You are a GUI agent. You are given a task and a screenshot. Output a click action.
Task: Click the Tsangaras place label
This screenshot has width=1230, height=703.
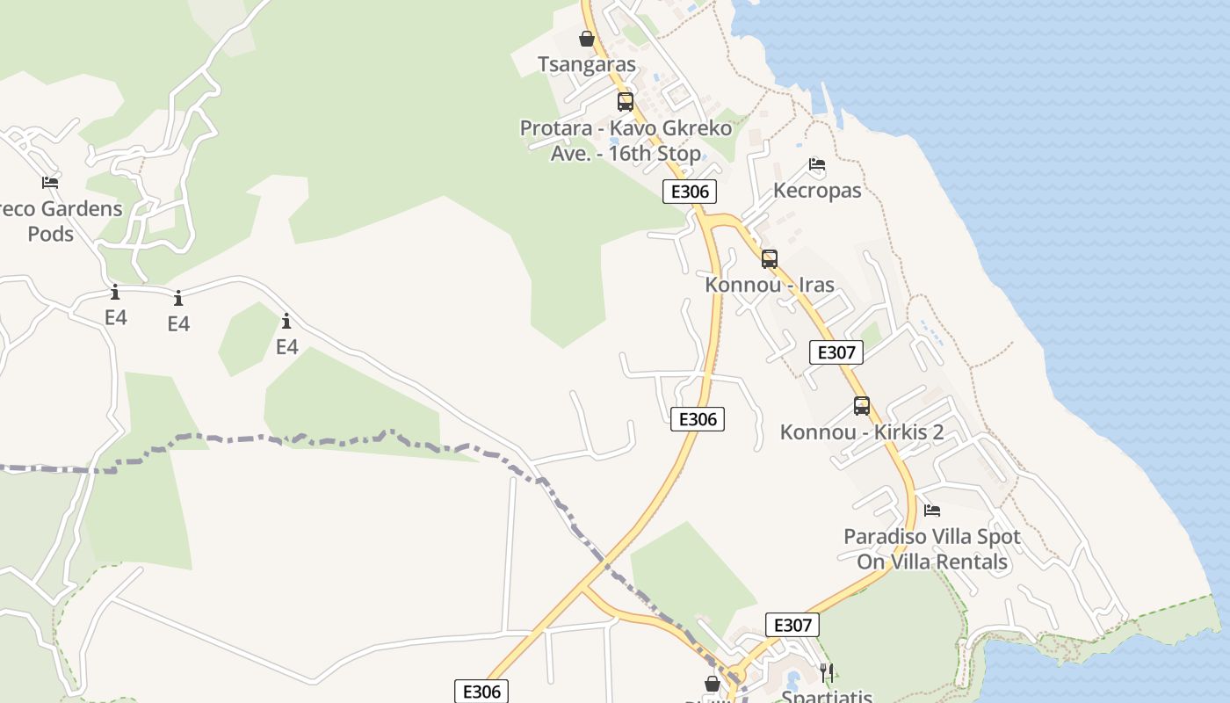click(x=586, y=64)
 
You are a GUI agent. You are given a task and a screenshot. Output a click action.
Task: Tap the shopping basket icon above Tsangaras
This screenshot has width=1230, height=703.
click(x=586, y=39)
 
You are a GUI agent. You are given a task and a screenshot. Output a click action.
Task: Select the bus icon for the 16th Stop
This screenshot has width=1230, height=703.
click(x=625, y=102)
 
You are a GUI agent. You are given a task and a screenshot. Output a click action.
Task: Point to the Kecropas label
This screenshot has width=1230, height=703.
click(x=816, y=190)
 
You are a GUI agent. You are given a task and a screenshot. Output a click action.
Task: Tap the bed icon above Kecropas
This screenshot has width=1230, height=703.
click(x=816, y=164)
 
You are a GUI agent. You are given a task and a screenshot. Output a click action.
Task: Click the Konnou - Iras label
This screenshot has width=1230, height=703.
click(x=769, y=285)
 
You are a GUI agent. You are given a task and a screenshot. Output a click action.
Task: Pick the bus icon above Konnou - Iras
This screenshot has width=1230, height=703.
click(x=769, y=259)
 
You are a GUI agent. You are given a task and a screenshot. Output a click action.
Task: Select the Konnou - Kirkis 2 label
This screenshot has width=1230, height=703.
click(x=861, y=431)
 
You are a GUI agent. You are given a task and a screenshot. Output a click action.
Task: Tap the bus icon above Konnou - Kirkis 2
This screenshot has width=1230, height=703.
click(x=861, y=406)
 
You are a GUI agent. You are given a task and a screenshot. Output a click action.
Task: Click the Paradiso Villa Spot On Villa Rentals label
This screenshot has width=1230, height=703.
click(x=931, y=548)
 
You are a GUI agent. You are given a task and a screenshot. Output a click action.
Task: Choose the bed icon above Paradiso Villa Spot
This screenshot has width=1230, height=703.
click(x=931, y=510)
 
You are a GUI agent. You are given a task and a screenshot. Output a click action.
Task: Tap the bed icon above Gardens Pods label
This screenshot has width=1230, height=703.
click(x=50, y=183)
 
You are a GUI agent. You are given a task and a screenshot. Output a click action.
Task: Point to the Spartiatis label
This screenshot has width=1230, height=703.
click(x=826, y=696)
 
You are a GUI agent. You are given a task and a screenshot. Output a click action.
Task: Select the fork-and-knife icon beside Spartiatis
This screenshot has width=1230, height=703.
click(x=826, y=673)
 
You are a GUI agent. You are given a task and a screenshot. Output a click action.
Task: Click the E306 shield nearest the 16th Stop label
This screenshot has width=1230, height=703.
click(x=689, y=192)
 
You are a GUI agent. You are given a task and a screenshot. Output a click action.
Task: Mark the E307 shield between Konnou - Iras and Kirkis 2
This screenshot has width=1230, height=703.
click(x=836, y=352)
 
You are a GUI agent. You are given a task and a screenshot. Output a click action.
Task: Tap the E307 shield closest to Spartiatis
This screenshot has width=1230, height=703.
click(x=792, y=625)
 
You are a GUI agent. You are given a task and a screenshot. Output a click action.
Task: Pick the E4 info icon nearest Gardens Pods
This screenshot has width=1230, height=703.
click(x=115, y=293)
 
